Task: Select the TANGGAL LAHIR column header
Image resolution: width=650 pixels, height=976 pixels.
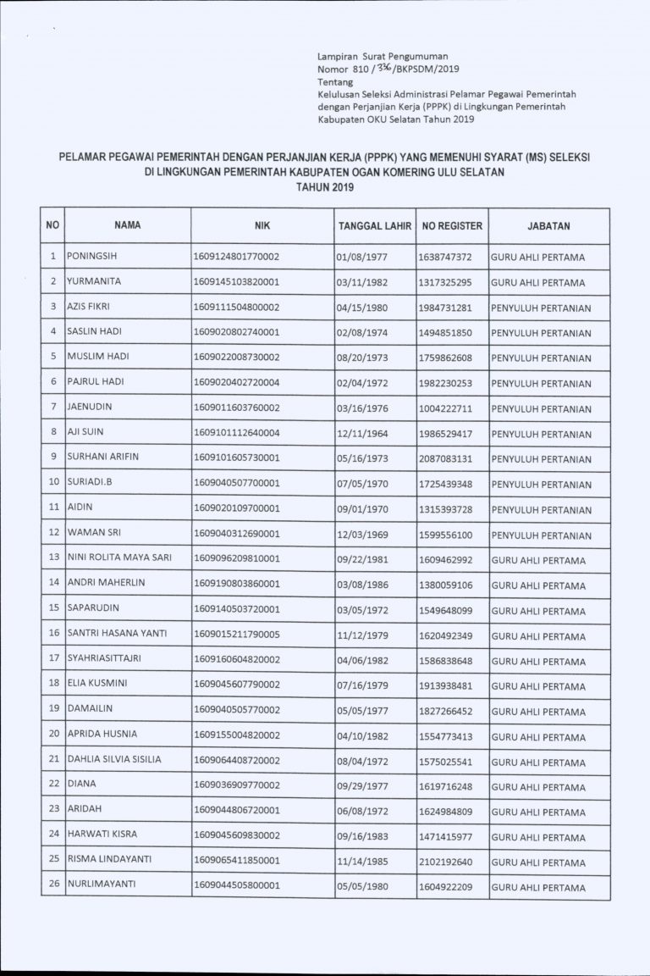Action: [374, 227]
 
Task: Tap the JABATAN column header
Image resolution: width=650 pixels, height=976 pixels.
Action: [548, 226]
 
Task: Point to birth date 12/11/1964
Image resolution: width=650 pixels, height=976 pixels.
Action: [361, 434]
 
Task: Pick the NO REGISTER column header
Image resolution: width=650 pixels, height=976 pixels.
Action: [452, 226]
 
